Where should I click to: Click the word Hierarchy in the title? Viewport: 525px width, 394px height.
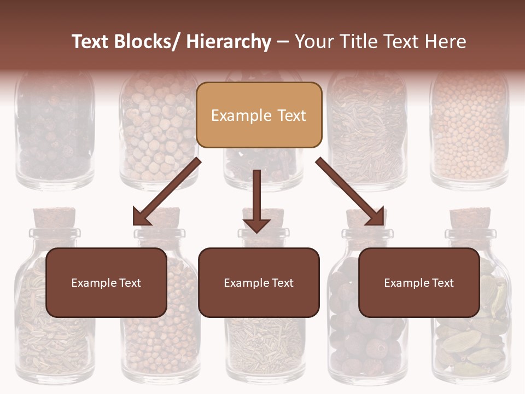(229, 42)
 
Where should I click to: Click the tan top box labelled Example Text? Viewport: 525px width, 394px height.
(259, 115)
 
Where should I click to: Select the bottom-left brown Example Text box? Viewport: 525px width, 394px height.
(106, 282)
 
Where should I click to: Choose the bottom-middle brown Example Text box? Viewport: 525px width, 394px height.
(259, 282)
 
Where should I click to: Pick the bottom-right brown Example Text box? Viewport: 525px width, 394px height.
(419, 282)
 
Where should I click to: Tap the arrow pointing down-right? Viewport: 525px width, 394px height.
(351, 192)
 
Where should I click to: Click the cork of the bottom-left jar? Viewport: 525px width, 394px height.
(54, 218)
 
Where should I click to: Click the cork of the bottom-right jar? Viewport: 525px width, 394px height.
(470, 218)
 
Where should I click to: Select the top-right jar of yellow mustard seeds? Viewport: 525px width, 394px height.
(469, 131)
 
